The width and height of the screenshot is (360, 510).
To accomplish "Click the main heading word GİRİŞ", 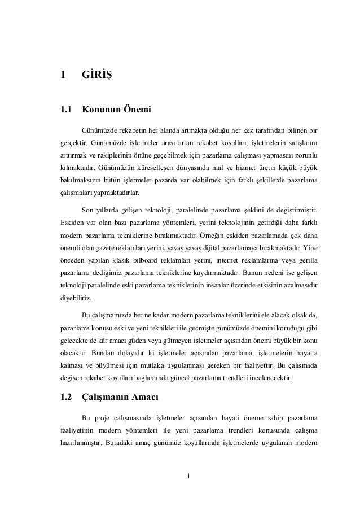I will click(96, 74).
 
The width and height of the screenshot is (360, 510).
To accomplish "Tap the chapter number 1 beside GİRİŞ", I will click(63, 74).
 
